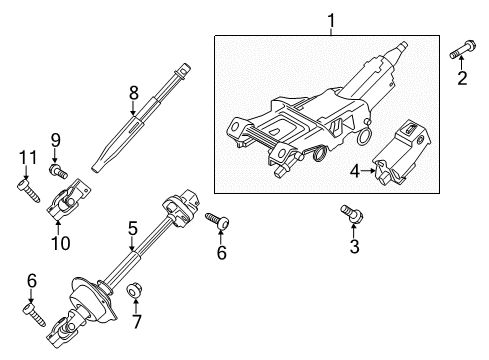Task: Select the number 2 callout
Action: click(463, 79)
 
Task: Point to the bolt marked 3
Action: click(350, 212)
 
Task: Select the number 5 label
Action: click(131, 229)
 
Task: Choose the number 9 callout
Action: click(55, 140)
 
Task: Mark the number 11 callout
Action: click(24, 156)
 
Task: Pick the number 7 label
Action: click(137, 323)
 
